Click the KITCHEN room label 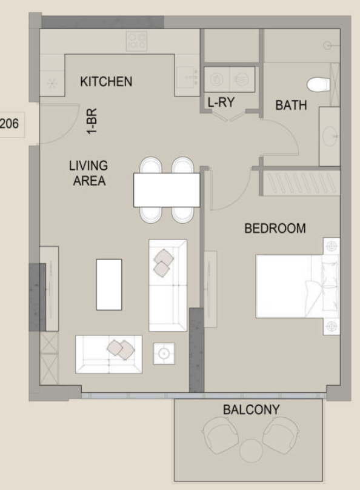tap(106, 81)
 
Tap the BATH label tap(291, 106)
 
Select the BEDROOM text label tap(275, 229)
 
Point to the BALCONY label tap(252, 409)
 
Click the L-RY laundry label tap(221, 102)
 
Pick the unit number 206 tap(9, 124)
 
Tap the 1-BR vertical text tap(92, 121)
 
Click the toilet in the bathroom tap(318, 84)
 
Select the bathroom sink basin tap(330, 136)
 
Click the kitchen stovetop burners tap(137, 41)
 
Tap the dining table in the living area tap(167, 190)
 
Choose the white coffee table tap(109, 284)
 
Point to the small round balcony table tap(252, 451)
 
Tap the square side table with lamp tap(164, 354)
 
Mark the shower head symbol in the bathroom tap(327, 45)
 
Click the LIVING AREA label tap(88, 173)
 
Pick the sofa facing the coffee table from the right tap(168, 285)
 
